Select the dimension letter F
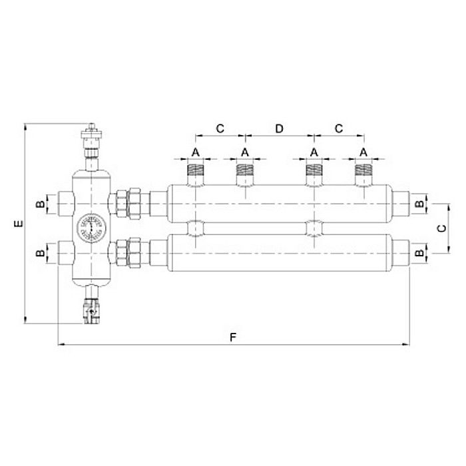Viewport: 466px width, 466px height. coord(233,337)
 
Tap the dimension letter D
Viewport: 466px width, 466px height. coord(280,128)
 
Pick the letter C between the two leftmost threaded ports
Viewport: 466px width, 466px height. coord(220,128)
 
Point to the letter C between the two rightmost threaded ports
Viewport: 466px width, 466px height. coord(339,128)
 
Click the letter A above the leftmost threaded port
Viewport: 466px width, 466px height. coord(196,152)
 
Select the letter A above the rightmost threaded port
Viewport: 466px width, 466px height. coord(363,152)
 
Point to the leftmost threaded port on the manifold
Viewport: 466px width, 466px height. coord(196,175)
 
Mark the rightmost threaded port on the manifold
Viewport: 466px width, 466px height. coord(363,175)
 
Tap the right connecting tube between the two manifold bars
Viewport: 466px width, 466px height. coord(313,228)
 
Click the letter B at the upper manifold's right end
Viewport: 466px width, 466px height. coord(418,202)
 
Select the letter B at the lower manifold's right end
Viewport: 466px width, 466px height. coord(418,253)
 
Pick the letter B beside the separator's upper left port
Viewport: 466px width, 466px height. coord(41,202)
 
